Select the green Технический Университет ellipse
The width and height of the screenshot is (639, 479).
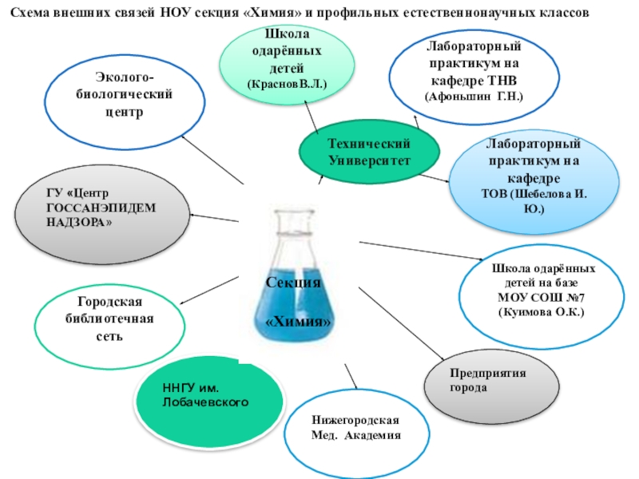pyautogui.click(x=369, y=151)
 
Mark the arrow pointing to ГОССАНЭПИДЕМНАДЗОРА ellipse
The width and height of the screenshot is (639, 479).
pyautogui.click(x=216, y=217)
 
